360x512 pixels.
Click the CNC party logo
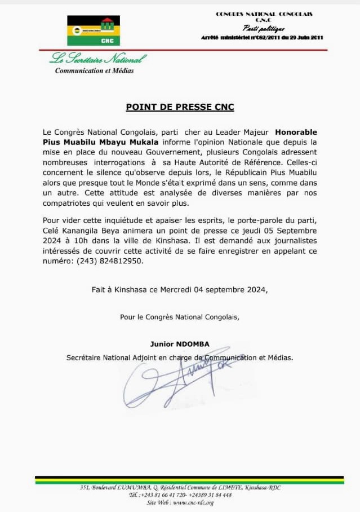click(x=90, y=30)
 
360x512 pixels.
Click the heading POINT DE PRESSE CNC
click(x=180, y=107)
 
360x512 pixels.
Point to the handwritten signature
click(x=186, y=383)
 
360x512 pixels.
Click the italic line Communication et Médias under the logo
click(x=94, y=70)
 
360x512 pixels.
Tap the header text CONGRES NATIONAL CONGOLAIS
click(x=264, y=14)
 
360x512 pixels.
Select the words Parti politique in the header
click(x=264, y=28)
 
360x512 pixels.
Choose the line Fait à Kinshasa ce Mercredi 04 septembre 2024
click(x=180, y=290)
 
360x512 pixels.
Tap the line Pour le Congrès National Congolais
click(x=180, y=317)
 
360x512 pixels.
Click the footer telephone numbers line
click(x=180, y=495)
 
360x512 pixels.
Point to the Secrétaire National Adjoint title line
click(x=180, y=357)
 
